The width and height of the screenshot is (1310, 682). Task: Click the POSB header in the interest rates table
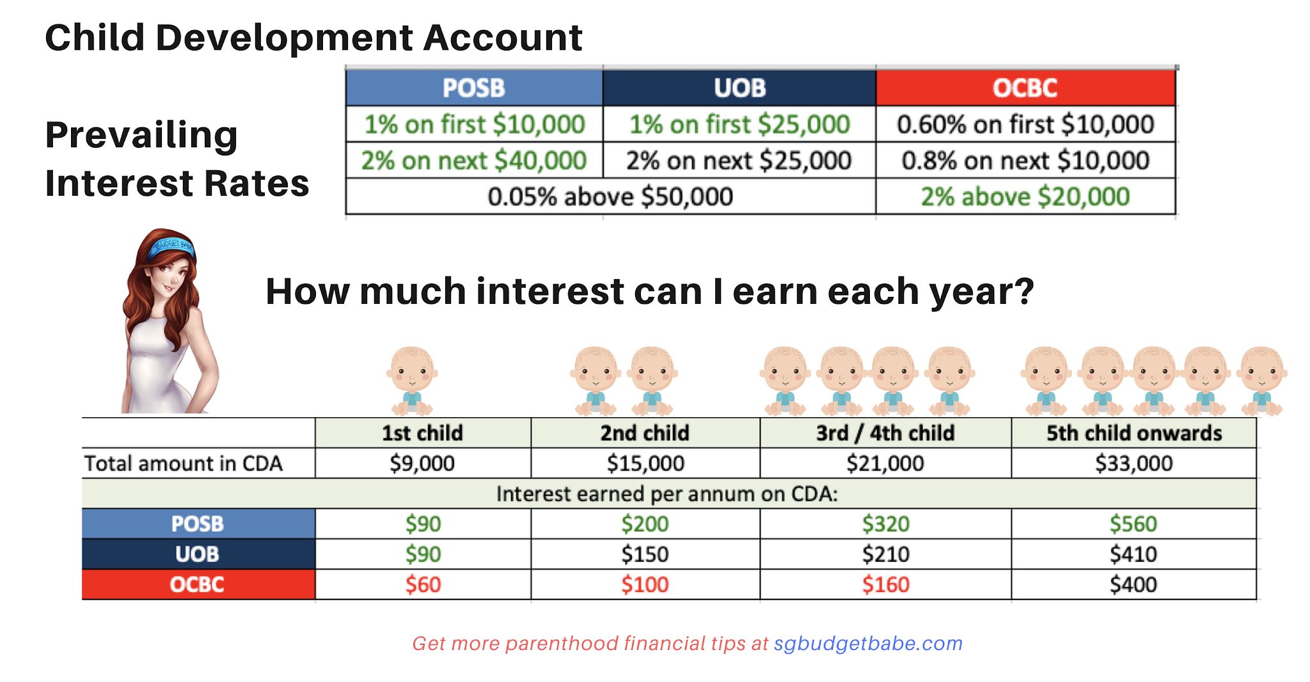[474, 88]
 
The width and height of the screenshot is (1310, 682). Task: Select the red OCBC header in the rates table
[1025, 88]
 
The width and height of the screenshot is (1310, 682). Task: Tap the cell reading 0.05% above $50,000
[610, 196]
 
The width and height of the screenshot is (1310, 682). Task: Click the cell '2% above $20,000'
[1025, 196]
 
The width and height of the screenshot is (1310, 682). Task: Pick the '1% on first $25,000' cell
[739, 124]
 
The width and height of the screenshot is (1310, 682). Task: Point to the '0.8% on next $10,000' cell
[1025, 161]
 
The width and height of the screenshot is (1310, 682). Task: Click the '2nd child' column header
[645, 433]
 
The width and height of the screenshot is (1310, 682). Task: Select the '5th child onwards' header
[1133, 433]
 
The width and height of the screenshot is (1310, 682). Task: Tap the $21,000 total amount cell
[885, 463]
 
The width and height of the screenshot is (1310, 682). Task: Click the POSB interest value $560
[1133, 524]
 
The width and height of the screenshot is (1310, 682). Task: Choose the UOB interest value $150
[645, 554]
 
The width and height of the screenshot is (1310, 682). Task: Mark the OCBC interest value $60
[423, 585]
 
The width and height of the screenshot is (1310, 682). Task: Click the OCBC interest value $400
[1133, 585]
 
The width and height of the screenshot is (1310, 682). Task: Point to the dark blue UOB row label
[198, 554]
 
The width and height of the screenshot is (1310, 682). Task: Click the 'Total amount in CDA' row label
[184, 463]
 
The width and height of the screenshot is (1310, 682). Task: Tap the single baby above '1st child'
[412, 380]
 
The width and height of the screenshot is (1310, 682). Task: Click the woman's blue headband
[170, 246]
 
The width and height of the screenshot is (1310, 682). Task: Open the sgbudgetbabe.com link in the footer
[868, 644]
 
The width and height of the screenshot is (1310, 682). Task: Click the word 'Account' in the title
[503, 38]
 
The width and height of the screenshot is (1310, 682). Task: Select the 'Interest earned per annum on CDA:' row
[667, 494]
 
